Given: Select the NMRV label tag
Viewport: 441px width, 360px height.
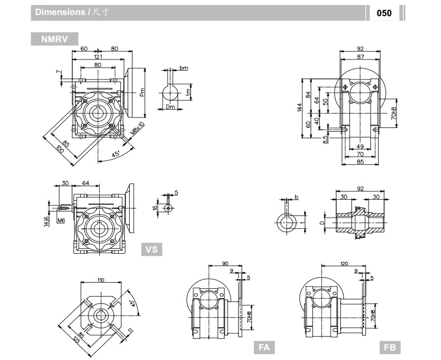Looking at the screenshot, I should point(55,40).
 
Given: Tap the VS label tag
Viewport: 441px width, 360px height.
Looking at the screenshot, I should point(151,250).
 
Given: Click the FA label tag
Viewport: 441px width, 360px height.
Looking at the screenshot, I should point(264,347).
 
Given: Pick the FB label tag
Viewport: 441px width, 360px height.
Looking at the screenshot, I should point(389,347).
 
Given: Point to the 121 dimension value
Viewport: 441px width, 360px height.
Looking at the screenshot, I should point(97,57).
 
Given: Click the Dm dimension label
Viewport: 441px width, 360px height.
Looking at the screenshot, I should point(170,106).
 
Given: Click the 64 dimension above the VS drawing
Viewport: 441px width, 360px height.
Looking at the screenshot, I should point(86,183).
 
